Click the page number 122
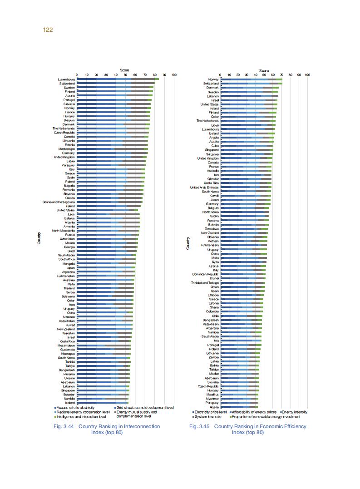click(48, 30)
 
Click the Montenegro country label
click(67, 149)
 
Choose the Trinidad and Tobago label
click(205, 282)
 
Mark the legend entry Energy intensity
click(294, 412)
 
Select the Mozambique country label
click(66, 346)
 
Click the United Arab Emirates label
click(204, 187)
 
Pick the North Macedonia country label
click(64, 231)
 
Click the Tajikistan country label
click(68, 333)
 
